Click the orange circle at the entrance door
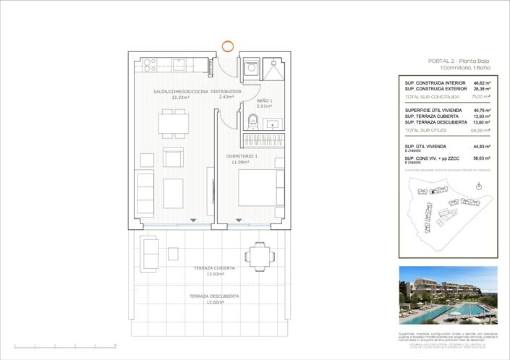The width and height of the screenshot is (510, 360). click(228, 47)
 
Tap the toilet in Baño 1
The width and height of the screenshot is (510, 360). click(252, 120)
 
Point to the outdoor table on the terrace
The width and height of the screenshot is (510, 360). click(259, 254)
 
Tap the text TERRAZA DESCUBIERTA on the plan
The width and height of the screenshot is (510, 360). click(214, 296)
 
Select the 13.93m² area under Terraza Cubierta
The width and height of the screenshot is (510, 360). click(214, 275)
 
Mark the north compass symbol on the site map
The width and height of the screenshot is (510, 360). click(479, 186)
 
